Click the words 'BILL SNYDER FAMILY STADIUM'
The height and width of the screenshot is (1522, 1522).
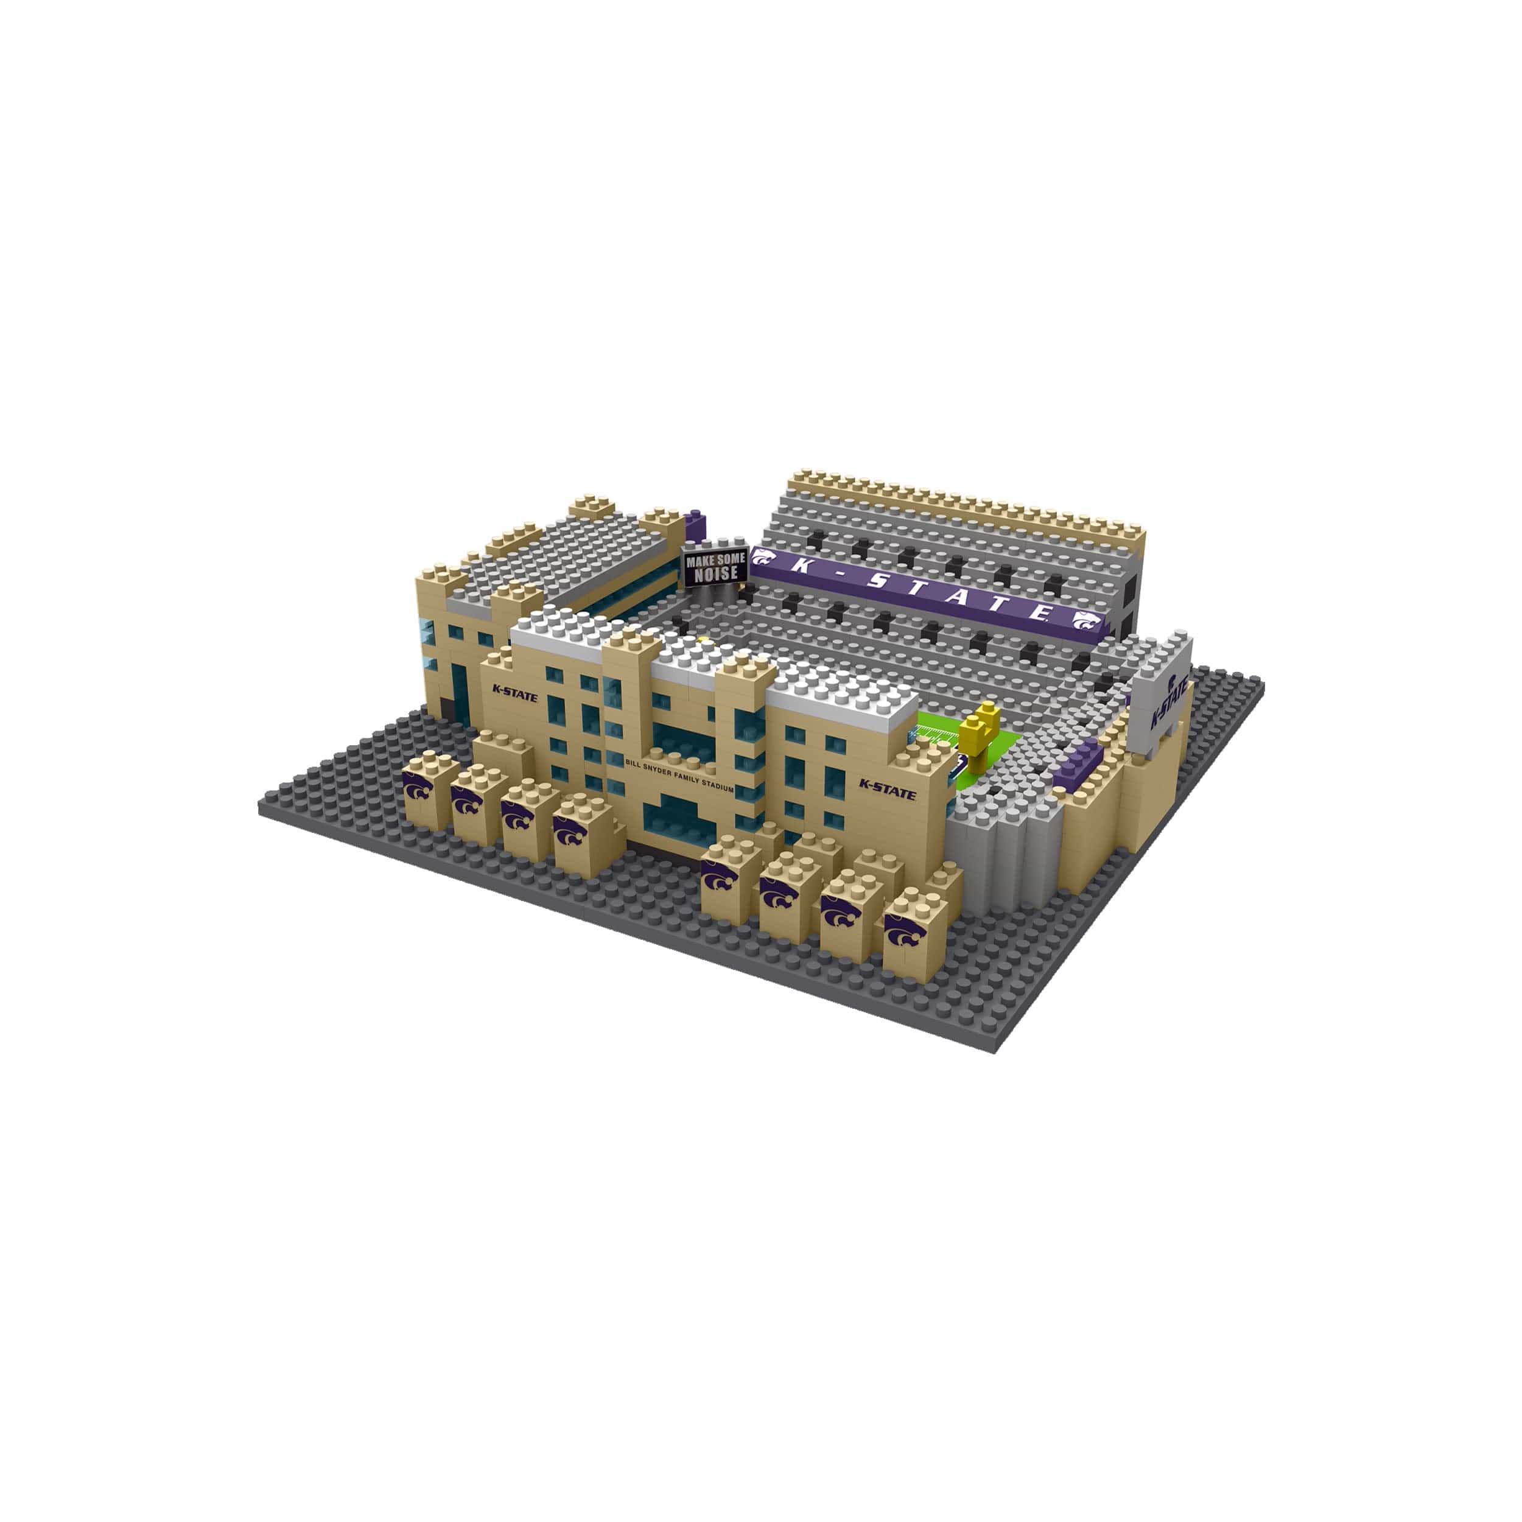pyautogui.click(x=678, y=774)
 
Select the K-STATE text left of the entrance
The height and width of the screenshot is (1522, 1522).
pyautogui.click(x=514, y=693)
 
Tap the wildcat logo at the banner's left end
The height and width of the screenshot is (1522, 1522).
pyautogui.click(x=761, y=558)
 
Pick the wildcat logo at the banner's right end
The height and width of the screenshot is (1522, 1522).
pyautogui.click(x=1085, y=622)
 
